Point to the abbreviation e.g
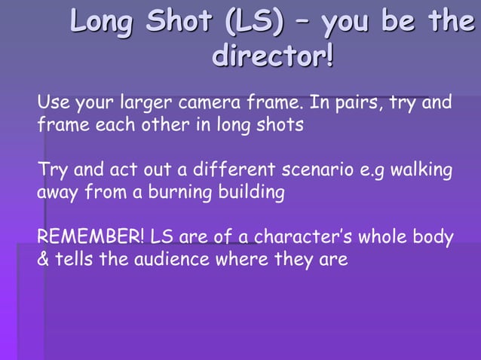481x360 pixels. click(375, 171)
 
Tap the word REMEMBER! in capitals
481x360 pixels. click(90, 238)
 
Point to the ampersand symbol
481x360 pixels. click(43, 261)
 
